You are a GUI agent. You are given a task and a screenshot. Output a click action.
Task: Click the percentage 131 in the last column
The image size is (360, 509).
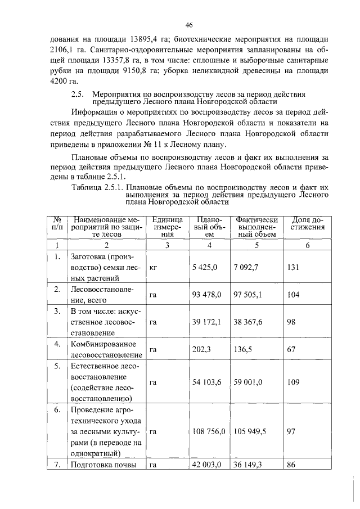point(293,268)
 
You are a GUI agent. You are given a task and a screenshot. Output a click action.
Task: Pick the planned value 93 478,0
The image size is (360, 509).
point(206,294)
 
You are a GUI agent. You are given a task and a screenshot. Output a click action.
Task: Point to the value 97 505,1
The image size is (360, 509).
point(247,294)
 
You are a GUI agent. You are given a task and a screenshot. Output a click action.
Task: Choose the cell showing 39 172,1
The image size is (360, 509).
point(206,322)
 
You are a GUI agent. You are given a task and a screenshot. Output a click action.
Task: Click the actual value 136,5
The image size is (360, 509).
point(242,349)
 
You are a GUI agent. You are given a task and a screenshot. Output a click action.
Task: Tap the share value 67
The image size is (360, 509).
point(291,349)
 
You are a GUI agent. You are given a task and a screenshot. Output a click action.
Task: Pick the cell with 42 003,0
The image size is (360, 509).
point(206,465)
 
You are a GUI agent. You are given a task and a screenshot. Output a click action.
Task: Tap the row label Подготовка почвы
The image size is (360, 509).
point(103,465)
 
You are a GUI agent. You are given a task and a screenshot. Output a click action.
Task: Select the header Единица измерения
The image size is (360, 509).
point(167,227)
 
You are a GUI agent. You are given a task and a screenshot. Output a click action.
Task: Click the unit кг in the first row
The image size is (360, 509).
point(154,268)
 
